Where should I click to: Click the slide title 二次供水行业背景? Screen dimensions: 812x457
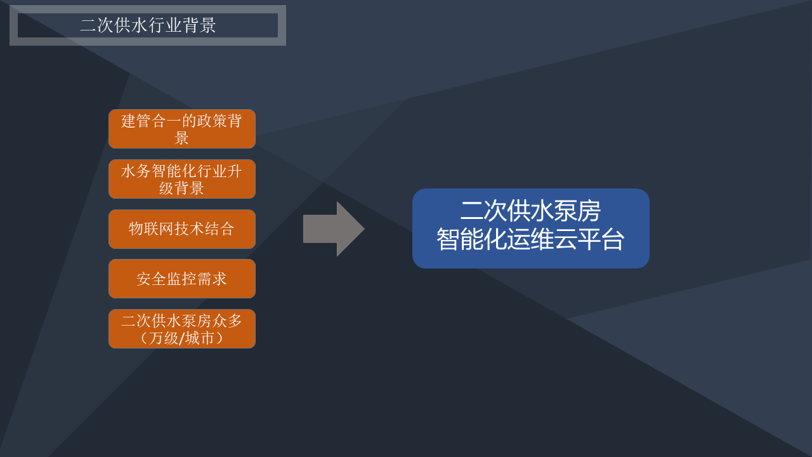(x=148, y=25)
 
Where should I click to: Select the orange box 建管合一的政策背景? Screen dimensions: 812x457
(x=182, y=129)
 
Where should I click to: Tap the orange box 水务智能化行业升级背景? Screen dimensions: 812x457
(x=182, y=179)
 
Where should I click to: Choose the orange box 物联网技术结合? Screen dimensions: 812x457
(x=182, y=229)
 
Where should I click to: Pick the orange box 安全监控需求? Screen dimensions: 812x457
(x=182, y=279)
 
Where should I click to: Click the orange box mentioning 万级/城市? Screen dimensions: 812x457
(x=182, y=329)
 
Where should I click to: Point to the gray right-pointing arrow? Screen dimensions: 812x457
(x=334, y=229)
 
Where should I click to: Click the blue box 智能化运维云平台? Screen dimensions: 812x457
(x=531, y=228)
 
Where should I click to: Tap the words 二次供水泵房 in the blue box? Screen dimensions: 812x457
(x=530, y=211)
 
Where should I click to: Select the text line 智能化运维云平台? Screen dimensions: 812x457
(x=530, y=239)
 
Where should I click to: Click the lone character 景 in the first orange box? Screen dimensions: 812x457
(x=181, y=138)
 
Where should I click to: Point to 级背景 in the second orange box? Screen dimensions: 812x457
(x=181, y=188)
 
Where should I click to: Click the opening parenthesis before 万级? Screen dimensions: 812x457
(x=143, y=338)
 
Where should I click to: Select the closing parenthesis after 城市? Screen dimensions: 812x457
(x=219, y=338)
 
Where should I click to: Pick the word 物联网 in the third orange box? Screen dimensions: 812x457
(x=151, y=229)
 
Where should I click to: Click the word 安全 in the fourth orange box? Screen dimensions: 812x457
(x=152, y=279)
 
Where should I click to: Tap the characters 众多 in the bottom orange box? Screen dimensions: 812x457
(x=227, y=321)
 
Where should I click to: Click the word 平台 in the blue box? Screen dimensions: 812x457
(x=601, y=239)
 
